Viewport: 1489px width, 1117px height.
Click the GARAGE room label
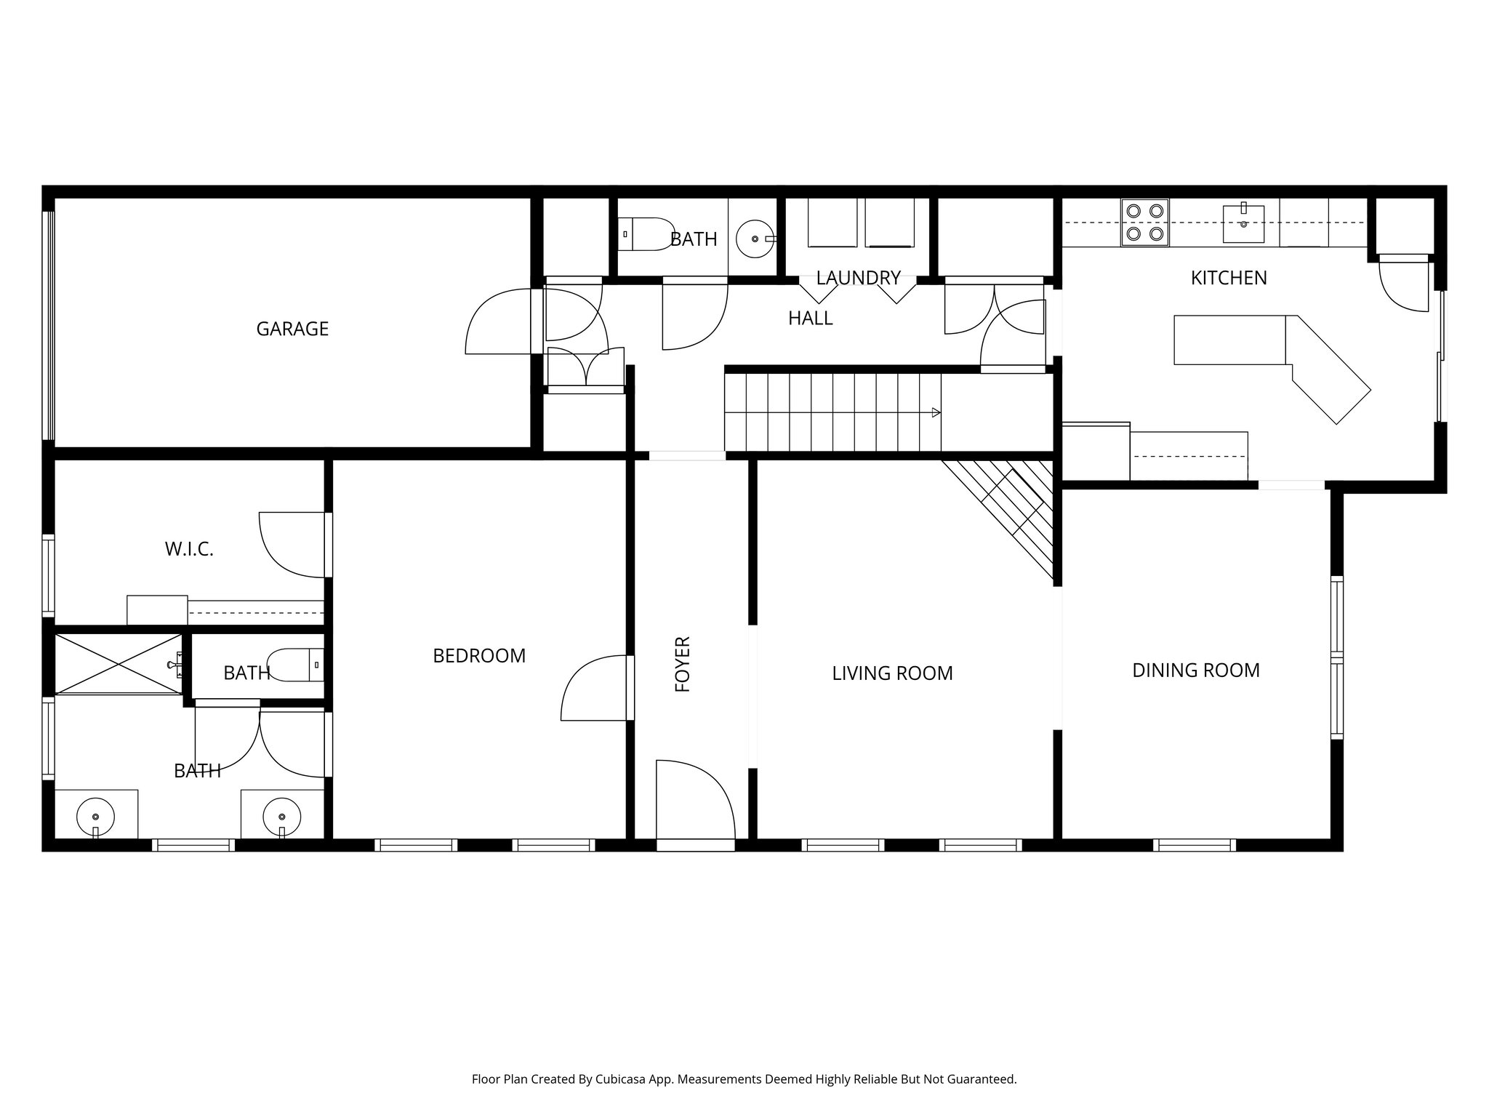coord(292,329)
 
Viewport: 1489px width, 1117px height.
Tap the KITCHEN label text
coord(1229,278)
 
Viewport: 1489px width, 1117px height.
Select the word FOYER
coord(683,664)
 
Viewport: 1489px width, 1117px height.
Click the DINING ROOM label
coord(1196,670)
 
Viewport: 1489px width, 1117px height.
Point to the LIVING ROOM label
coord(892,673)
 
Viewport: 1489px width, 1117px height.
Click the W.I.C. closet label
coord(189,549)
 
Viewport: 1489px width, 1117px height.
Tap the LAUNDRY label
coord(858,278)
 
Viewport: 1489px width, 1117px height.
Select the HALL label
coord(810,318)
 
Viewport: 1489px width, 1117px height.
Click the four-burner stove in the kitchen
coord(1144,223)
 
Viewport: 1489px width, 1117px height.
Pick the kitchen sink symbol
coord(1243,223)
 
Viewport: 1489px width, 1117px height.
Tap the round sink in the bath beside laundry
coord(755,238)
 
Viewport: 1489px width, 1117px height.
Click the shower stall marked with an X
coord(119,664)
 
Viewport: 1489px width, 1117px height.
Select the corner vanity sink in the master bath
coord(95,815)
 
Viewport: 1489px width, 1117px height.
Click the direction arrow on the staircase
coord(936,412)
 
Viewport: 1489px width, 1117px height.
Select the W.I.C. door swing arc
coord(291,545)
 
